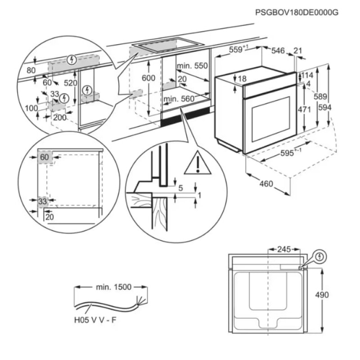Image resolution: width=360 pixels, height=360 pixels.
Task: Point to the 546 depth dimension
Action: (278, 51)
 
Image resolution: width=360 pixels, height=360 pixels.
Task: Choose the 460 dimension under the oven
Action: (267, 184)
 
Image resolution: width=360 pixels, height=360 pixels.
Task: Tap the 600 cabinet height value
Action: (148, 78)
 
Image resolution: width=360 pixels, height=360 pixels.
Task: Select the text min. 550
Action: (192, 66)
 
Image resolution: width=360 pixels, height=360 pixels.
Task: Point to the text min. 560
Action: (179, 99)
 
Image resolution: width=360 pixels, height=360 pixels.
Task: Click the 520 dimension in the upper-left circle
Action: (70, 83)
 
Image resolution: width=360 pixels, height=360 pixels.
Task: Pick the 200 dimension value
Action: (59, 117)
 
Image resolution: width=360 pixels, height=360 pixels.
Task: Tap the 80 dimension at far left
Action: (31, 70)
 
